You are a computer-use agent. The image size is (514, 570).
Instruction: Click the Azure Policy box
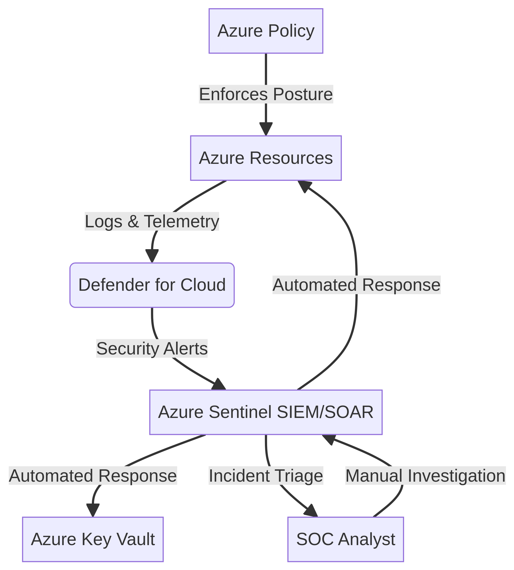(x=266, y=31)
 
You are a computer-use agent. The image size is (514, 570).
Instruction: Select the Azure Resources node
(x=266, y=158)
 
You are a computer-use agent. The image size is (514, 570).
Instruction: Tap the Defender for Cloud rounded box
(x=152, y=285)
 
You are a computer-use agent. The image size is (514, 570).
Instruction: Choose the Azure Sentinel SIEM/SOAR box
(x=266, y=412)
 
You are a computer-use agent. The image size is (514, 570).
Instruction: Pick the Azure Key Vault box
(x=93, y=539)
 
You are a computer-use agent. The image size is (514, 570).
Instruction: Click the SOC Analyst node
(x=346, y=539)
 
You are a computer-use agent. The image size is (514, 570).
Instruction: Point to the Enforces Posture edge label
(x=266, y=94)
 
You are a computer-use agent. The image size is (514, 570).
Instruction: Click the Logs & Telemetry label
(x=152, y=221)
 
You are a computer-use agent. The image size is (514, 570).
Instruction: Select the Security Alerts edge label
(x=152, y=348)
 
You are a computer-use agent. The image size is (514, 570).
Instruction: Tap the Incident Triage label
(x=266, y=475)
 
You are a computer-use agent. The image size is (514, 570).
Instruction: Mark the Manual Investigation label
(x=425, y=475)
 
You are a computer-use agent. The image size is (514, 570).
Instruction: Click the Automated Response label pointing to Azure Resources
(x=357, y=285)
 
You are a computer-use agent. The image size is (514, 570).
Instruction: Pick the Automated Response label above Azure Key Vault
(x=93, y=475)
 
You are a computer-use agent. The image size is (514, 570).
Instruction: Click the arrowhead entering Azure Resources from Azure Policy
(x=266, y=129)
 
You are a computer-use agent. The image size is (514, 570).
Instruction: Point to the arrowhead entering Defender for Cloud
(x=152, y=257)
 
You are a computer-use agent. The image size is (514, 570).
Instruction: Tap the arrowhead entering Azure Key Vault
(x=93, y=511)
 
